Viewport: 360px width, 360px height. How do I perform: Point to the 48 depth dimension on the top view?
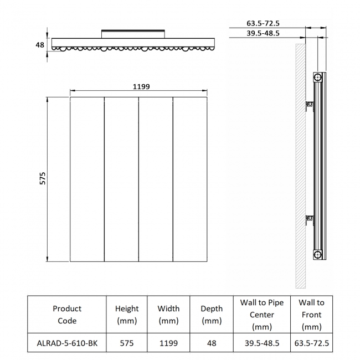tap(40, 45)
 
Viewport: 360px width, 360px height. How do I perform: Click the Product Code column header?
tap(67, 315)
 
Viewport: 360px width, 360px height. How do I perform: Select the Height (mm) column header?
tap(127, 315)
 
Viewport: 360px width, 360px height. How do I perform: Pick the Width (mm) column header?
tap(168, 315)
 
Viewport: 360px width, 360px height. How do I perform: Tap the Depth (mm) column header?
tap(212, 315)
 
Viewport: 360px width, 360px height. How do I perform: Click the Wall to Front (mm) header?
tap(311, 315)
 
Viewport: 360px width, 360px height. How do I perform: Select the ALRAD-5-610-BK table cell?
tap(67, 343)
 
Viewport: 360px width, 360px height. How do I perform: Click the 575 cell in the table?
tap(127, 343)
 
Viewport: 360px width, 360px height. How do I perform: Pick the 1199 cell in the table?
tap(168, 343)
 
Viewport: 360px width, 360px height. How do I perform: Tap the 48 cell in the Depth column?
tap(212, 343)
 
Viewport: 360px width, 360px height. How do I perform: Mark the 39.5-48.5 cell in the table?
tap(261, 343)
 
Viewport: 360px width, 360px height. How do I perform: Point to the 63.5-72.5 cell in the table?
tap(311, 343)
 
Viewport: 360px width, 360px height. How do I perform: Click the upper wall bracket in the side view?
tap(310, 105)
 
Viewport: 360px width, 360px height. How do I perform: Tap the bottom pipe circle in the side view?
tap(317, 254)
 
